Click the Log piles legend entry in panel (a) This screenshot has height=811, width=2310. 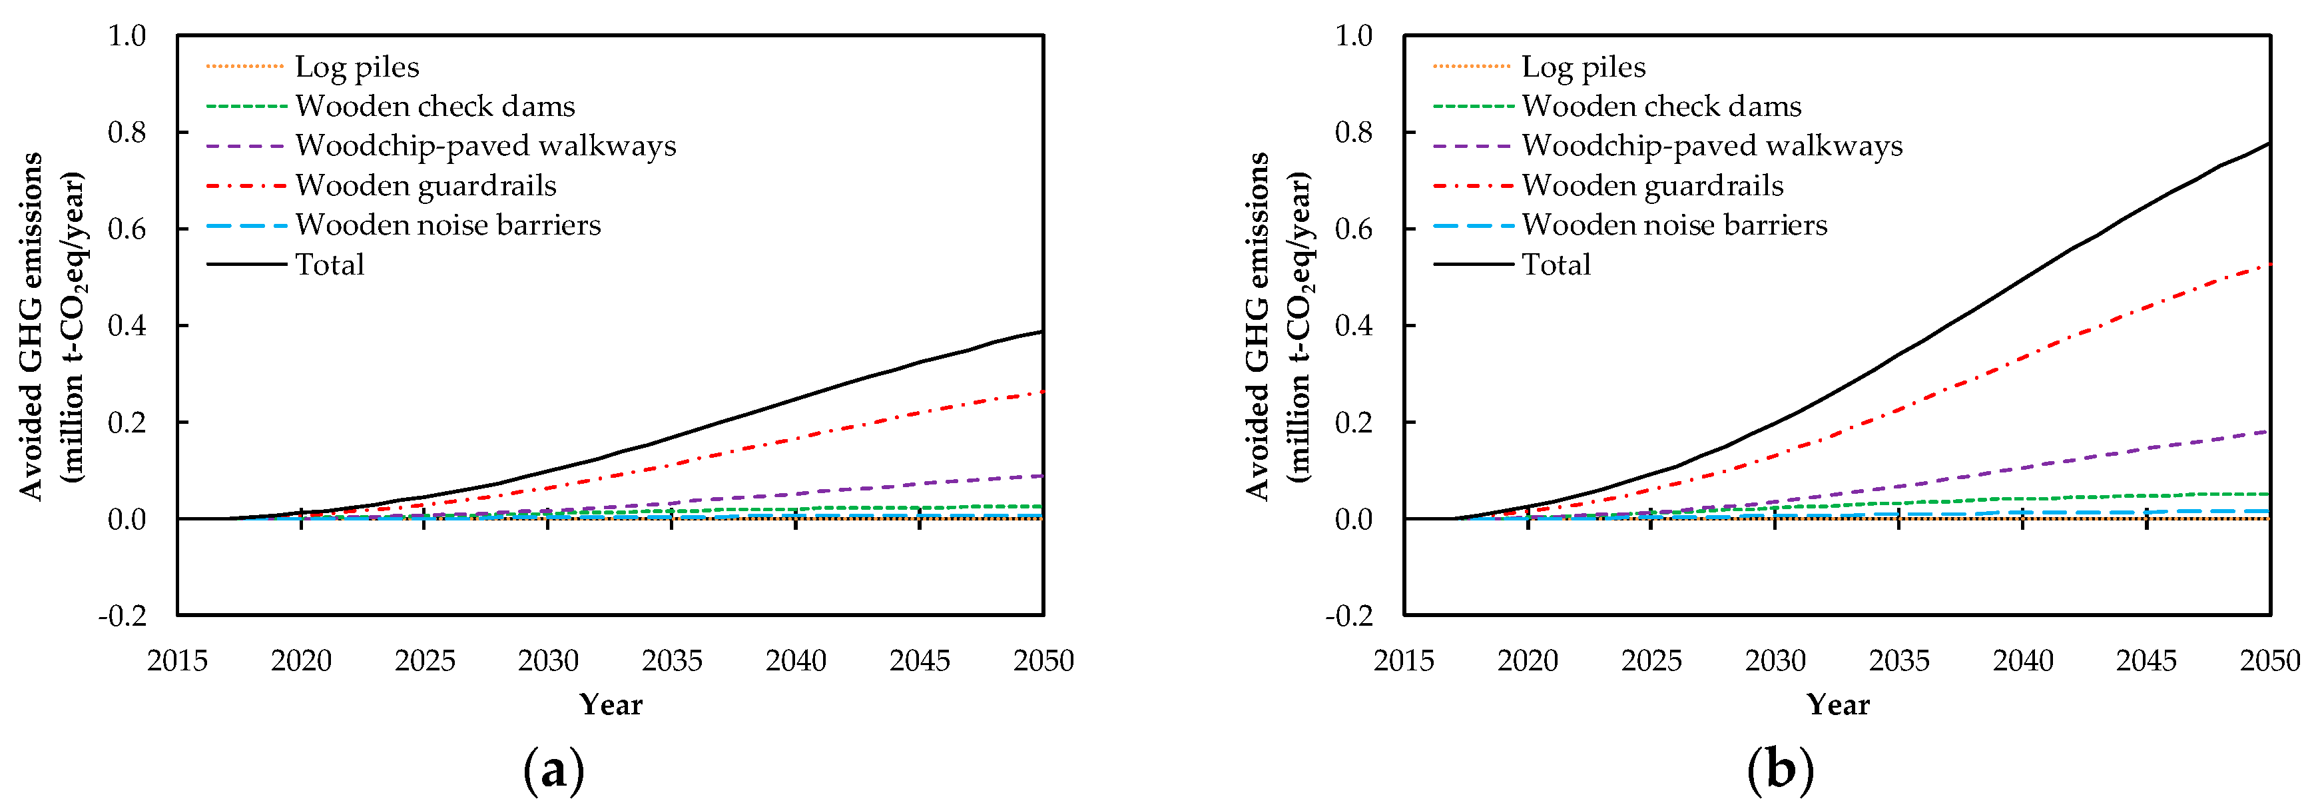356,67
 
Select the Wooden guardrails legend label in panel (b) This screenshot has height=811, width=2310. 1652,186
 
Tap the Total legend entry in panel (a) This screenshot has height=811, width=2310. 329,265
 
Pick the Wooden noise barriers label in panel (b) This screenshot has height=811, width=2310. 1673,225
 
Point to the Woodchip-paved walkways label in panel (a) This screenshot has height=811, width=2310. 485,145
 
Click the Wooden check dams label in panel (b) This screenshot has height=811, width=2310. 1661,106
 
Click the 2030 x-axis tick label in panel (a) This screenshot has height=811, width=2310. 548,661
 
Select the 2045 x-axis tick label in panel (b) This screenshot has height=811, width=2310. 2146,661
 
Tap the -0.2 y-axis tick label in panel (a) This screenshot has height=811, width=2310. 122,616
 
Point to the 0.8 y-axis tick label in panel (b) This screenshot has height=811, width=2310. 1353,132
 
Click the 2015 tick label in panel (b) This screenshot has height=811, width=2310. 1404,661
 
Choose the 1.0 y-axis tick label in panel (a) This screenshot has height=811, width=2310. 127,36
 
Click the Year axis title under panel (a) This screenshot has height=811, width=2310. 611,705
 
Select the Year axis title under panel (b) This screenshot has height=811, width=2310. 1837,705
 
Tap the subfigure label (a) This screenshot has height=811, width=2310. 553,770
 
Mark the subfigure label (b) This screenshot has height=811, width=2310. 1780,770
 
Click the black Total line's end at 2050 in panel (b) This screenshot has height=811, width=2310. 2269,143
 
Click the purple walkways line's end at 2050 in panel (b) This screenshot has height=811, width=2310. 2269,432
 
